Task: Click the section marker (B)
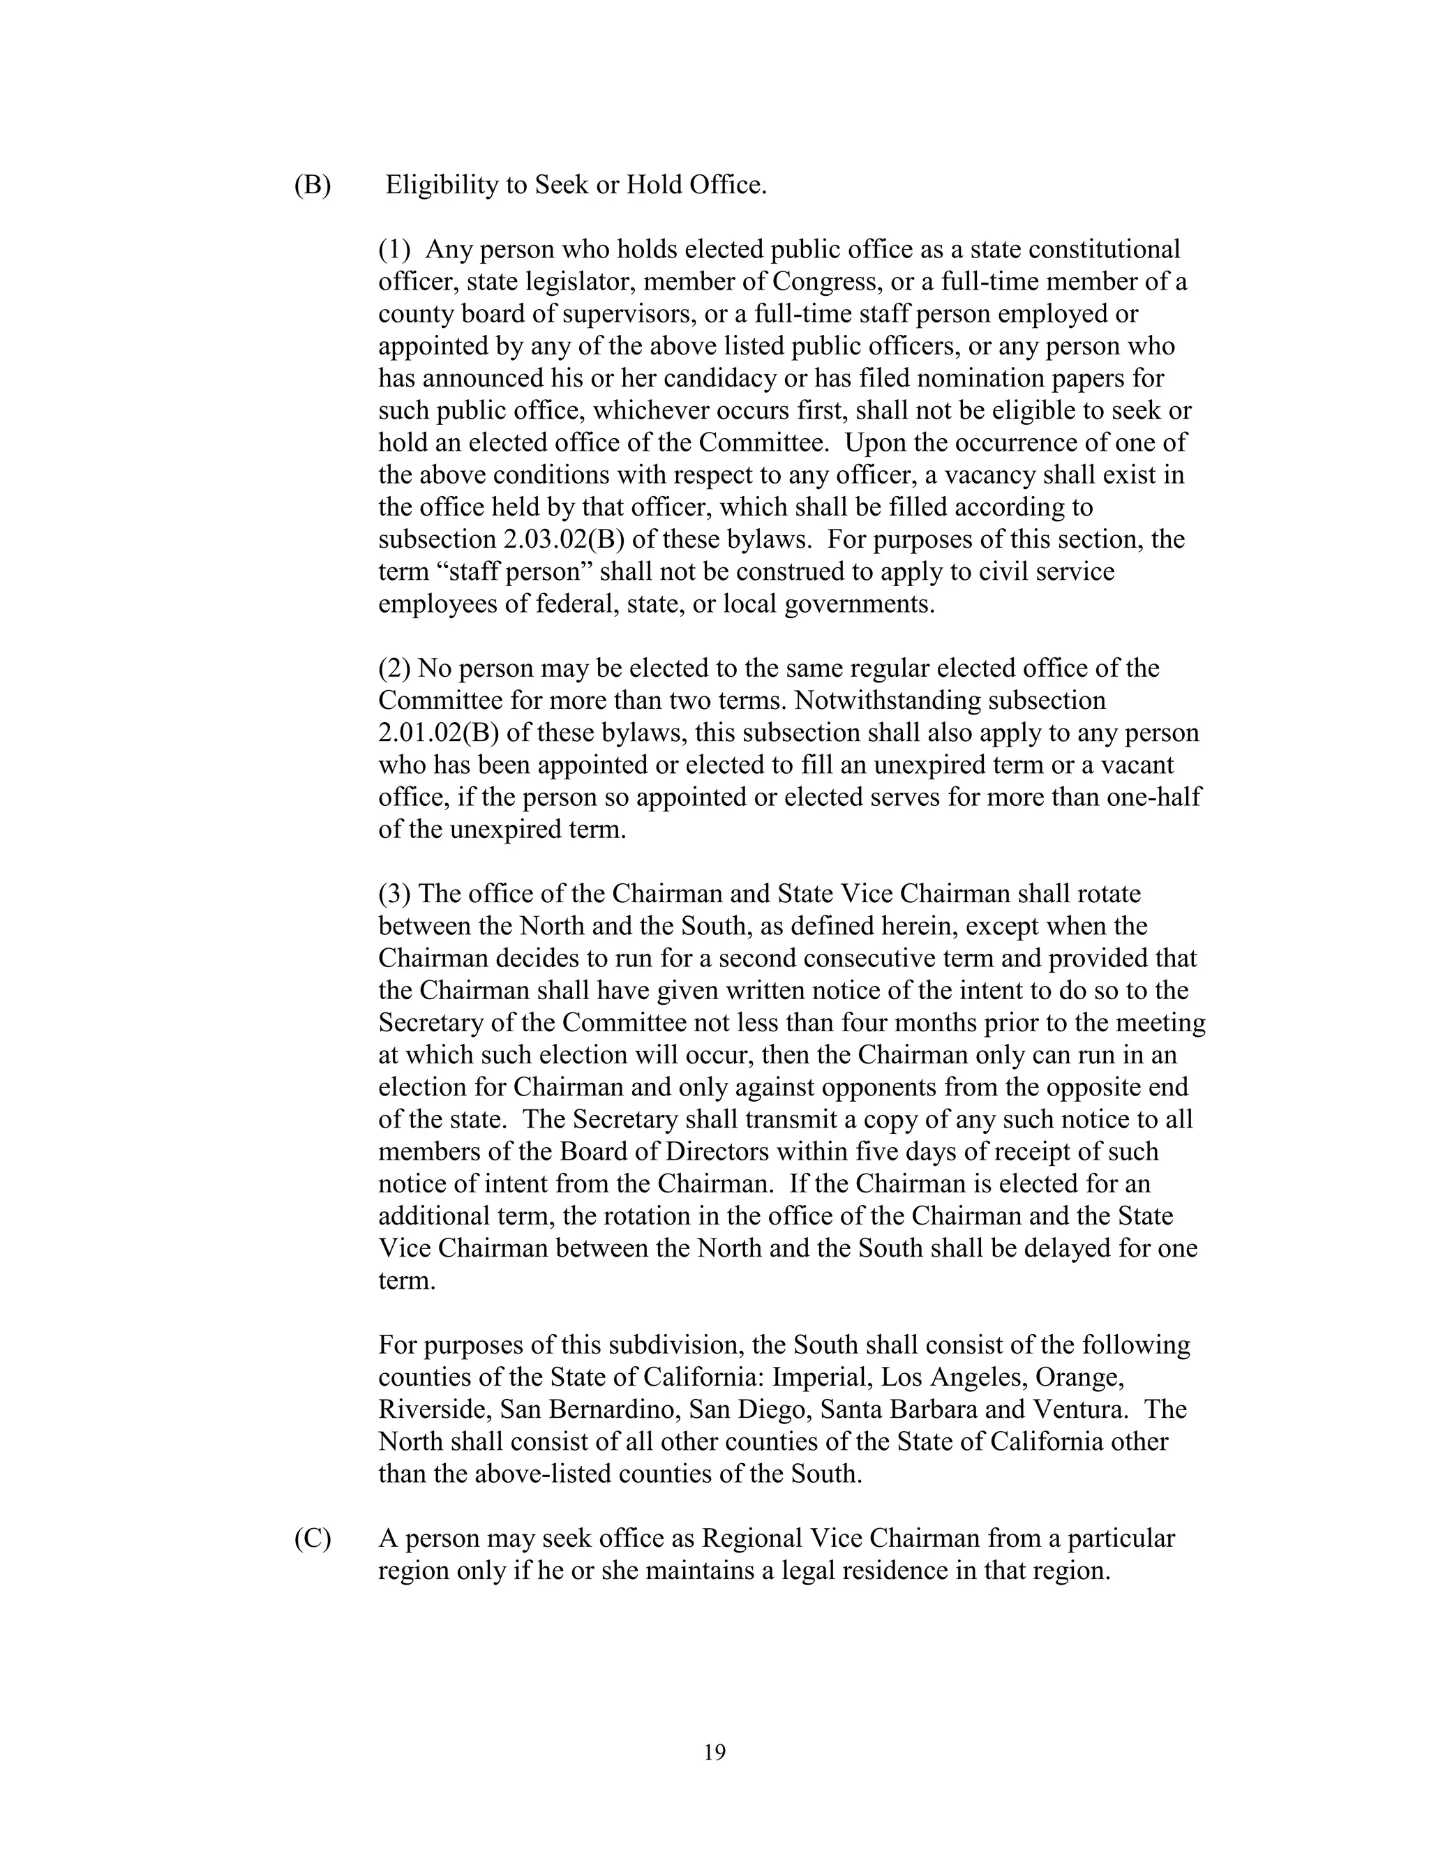point(313,185)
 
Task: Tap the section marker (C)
point(313,1539)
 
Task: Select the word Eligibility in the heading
point(442,185)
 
